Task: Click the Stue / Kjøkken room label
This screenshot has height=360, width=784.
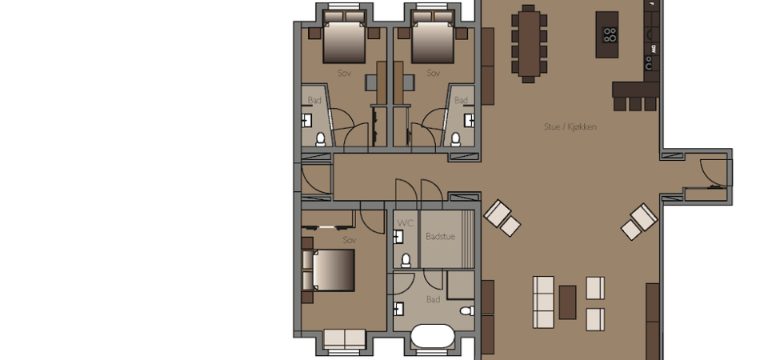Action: coord(570,127)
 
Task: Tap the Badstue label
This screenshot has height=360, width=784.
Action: coord(440,237)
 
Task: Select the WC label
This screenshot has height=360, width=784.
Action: coord(405,223)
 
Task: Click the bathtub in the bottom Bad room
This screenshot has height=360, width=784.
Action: coord(433,336)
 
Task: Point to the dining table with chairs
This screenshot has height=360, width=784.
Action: coord(529,43)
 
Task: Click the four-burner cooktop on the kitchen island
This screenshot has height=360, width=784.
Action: coord(610,35)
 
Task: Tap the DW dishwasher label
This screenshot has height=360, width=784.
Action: coord(653,49)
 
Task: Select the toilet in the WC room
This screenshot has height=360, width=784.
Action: coord(406,260)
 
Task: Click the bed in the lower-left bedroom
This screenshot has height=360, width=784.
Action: coord(329,270)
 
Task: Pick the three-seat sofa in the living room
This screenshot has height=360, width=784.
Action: coord(543,302)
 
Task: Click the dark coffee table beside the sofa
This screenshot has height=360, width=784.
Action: coord(567,302)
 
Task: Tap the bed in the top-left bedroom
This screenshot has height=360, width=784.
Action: coord(345,37)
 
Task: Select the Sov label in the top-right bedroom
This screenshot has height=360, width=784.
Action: coord(433,73)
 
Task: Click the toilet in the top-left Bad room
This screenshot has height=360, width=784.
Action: coord(321,139)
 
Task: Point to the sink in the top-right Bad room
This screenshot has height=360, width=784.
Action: coord(469,121)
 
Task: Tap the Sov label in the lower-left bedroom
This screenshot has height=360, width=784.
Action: coord(350,241)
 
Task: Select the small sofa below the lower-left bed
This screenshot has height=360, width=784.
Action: coord(345,338)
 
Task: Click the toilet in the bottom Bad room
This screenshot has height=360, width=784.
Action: coord(467,311)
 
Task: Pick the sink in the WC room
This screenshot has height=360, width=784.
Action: coord(398,237)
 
